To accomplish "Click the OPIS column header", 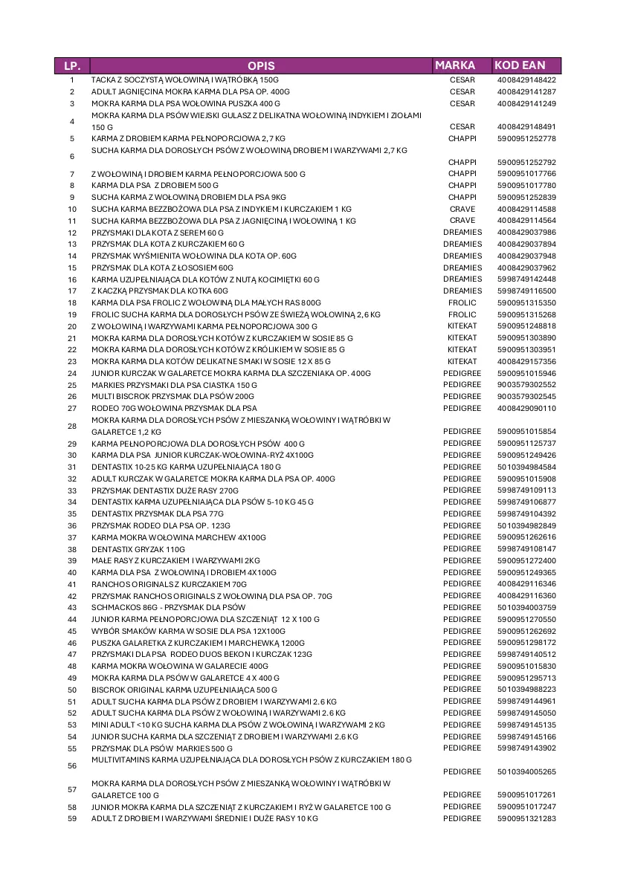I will (262, 65).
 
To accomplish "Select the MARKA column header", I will (455, 65).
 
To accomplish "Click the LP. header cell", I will (72, 65).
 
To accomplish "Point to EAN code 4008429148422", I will (526, 80).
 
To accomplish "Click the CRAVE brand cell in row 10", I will (462, 209).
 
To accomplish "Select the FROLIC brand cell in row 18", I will (462, 302).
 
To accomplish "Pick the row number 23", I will (72, 361).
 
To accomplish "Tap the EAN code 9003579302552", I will (526, 385).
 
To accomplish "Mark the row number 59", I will (72, 818).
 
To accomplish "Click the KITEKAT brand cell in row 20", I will (462, 326).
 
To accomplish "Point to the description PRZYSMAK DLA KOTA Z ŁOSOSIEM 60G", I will (162, 268).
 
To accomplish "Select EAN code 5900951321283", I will (526, 818).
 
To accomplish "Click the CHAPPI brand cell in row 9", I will (462, 197).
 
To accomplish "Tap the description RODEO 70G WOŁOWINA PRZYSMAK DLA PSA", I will (174, 408).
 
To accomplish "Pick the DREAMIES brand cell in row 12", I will (462, 233).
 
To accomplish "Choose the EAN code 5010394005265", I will (526, 771).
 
